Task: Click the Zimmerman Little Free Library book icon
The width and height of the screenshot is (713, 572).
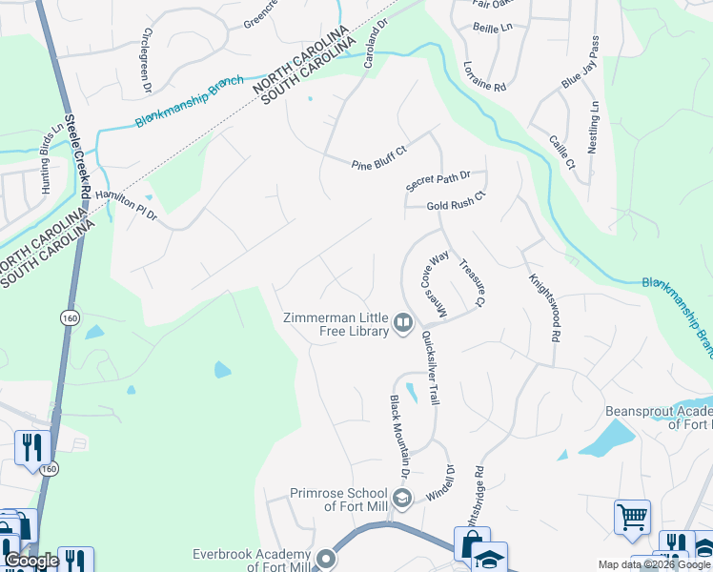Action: [403, 325]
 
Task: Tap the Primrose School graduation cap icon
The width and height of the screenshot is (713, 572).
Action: [401, 497]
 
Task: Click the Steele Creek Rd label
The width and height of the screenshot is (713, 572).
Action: [77, 158]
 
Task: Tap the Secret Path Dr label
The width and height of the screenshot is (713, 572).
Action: [438, 180]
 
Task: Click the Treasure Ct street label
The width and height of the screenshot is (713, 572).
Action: [472, 282]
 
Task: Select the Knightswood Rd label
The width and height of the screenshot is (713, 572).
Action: [543, 308]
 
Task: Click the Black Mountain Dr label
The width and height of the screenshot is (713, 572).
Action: [398, 438]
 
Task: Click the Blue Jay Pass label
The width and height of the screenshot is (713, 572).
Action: [581, 64]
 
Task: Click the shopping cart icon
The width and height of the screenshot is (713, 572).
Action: [632, 518]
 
